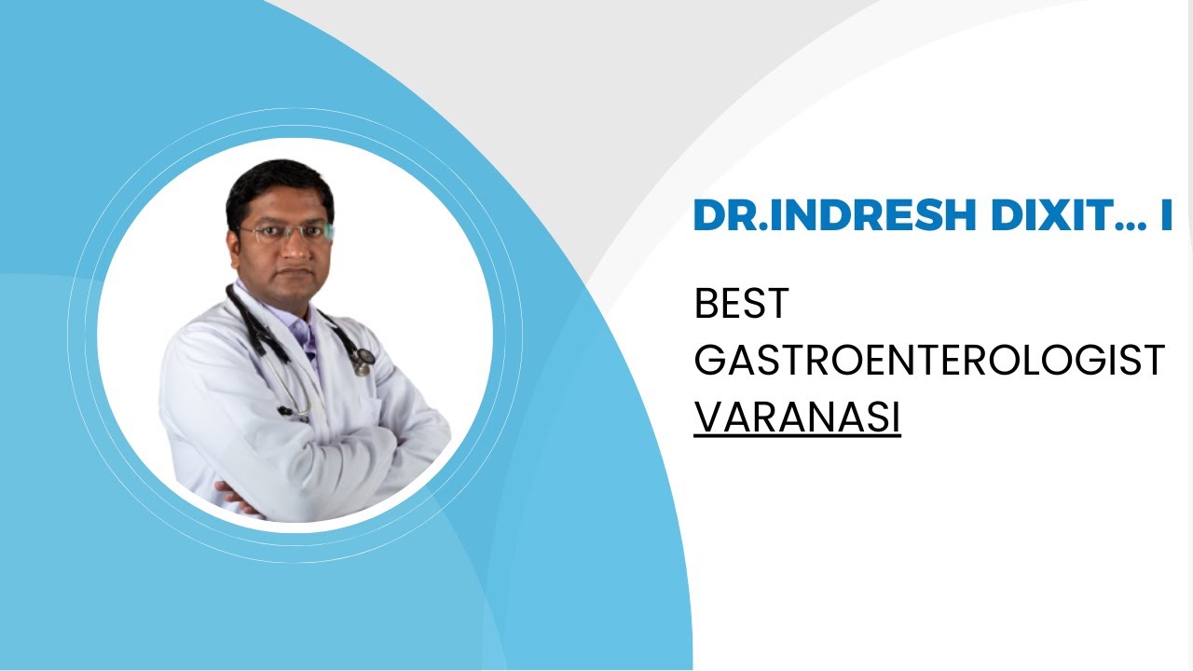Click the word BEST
[742, 305]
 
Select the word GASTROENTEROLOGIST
[929, 361]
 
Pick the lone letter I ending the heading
[1165, 216]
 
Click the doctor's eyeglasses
[283, 232]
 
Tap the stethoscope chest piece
[363, 360]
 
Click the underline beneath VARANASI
[797, 436]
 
